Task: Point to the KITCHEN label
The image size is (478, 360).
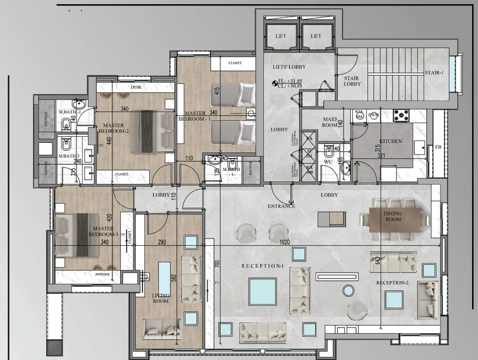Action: coord(391,142)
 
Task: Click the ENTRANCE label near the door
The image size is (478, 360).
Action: coord(281,206)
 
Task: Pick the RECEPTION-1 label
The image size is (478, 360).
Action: coord(262,265)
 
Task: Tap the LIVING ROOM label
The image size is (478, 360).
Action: coord(161,298)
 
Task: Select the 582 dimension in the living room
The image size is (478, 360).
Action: coord(173,277)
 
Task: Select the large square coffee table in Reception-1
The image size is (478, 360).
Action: coord(262,292)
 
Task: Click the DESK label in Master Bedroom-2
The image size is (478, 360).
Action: coord(136,87)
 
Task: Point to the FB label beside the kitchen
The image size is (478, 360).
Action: coord(438,147)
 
